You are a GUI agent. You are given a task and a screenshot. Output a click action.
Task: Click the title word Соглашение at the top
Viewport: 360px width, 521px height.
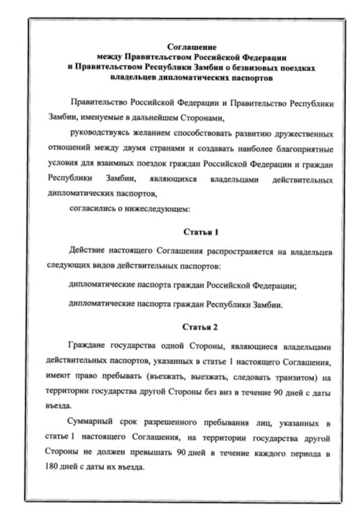coord(181,43)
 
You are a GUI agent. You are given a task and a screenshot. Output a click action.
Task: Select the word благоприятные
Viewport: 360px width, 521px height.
coord(301,148)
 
